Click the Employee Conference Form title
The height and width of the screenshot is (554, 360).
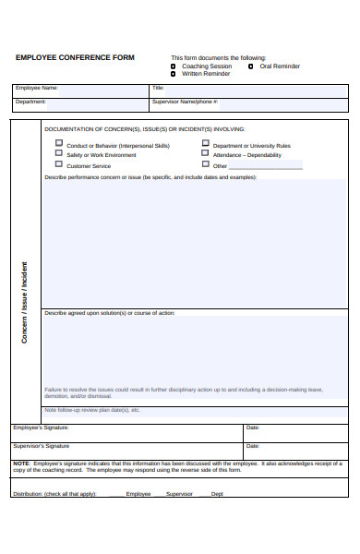[75, 57]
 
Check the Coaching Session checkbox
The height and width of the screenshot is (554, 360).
[174, 66]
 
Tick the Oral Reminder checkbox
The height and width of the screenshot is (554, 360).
[251, 66]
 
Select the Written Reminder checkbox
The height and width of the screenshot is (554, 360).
[174, 74]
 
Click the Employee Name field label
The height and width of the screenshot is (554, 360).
[36, 89]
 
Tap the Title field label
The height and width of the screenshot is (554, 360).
[158, 89]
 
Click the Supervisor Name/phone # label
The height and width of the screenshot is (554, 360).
[185, 102]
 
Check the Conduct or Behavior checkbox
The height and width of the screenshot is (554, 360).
[59, 144]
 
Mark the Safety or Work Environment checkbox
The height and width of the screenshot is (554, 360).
[59, 154]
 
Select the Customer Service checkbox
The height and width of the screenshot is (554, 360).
[59, 165]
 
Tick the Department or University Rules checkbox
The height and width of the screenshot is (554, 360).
[205, 144]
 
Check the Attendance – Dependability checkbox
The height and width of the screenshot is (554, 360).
[205, 154]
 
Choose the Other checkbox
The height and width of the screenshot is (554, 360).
[205, 165]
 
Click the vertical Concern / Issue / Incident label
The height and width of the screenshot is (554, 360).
[25, 303]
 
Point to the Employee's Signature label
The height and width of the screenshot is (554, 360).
[41, 428]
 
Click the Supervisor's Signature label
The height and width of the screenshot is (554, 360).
[41, 446]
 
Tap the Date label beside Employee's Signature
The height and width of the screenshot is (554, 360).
[253, 428]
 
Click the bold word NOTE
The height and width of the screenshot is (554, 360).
[20, 463]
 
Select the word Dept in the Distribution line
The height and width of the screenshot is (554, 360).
[217, 494]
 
